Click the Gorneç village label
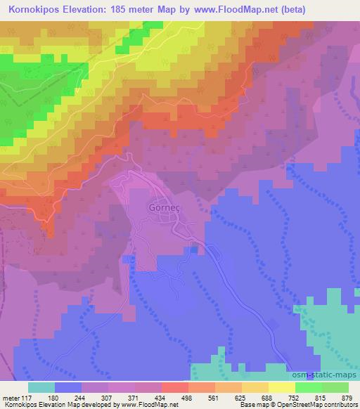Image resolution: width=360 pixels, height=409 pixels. click(167, 209)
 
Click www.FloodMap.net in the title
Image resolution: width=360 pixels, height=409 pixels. click(245, 9)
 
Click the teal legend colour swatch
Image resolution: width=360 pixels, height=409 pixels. click(41, 388)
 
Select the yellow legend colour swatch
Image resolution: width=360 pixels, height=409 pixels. click(283, 388)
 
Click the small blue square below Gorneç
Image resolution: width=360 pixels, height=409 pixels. click(194, 249)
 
